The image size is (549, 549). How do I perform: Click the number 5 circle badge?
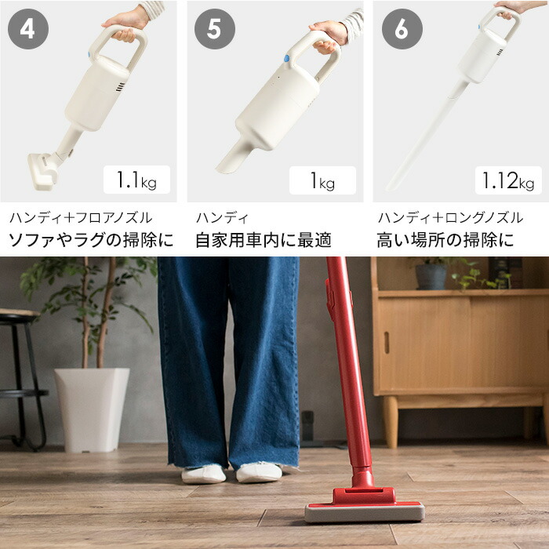coord(215,31)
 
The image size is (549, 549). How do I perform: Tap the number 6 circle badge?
coord(402,31)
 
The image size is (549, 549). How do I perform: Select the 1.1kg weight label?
coord(137,180)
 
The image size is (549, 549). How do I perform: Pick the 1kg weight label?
coord(322,181)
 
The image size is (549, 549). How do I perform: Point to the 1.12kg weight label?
coord(508,180)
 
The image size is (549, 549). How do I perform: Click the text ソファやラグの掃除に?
coord(91,240)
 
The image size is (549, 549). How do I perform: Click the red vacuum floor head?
coord(365,505)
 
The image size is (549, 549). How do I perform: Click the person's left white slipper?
coord(203,474)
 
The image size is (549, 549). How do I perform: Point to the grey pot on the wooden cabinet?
coord(431,275)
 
